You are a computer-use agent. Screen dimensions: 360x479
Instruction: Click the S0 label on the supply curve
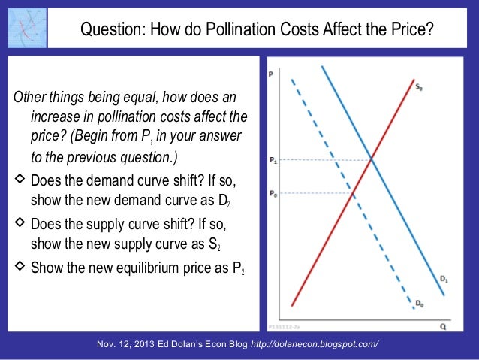pos(420,88)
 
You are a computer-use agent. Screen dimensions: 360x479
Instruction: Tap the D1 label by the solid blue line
pos(444,280)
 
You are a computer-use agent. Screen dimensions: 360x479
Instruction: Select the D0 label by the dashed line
pos(420,304)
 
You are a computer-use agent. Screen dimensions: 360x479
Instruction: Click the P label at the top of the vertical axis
pos(270,74)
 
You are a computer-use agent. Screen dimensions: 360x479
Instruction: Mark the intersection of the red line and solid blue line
pos(372,159)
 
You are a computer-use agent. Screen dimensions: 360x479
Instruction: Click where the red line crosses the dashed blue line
pos(354,194)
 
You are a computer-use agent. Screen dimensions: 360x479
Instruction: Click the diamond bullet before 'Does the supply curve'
pos(20,225)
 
